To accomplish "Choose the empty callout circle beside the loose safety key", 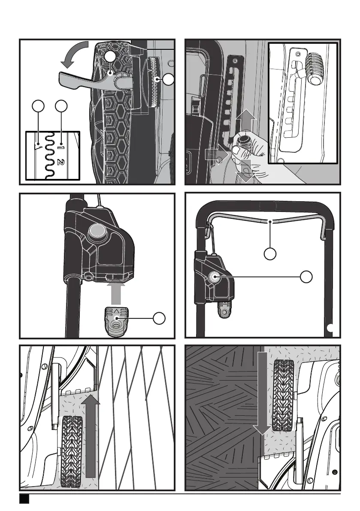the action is [x=159, y=318].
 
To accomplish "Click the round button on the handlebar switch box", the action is [x=214, y=277].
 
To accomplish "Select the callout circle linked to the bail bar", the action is [x=269, y=254].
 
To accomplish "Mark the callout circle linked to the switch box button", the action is [x=306, y=277].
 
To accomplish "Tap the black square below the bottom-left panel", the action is [x=24, y=499].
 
